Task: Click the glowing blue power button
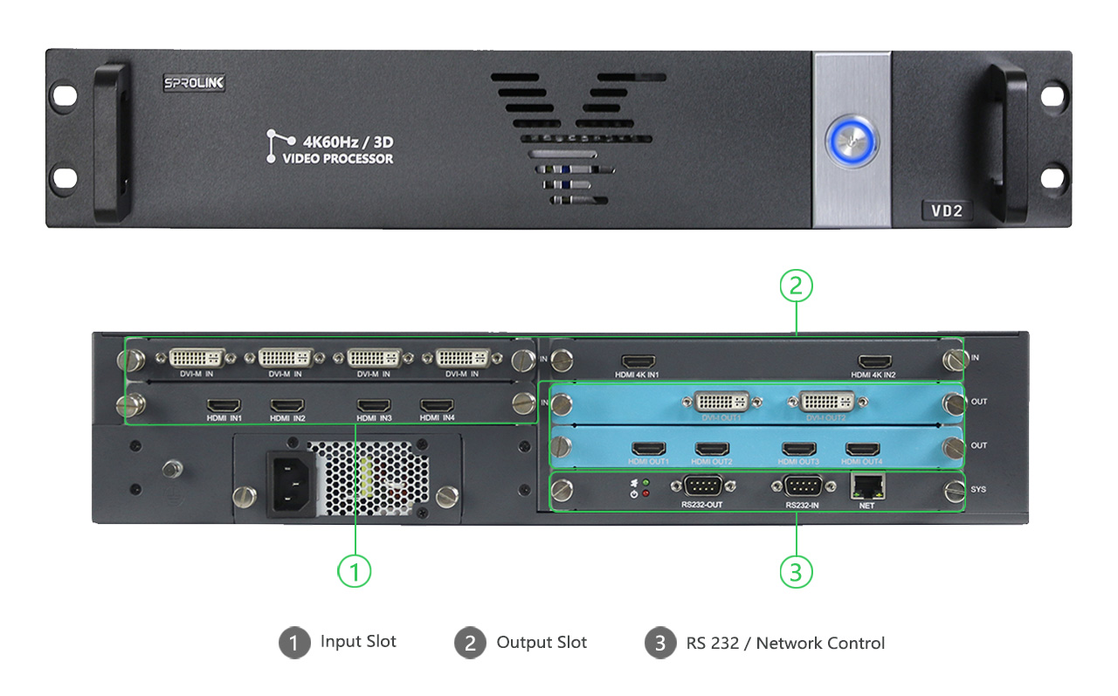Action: tap(852, 140)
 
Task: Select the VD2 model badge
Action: tap(947, 210)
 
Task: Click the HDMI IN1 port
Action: tap(224, 406)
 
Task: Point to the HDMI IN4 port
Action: tap(437, 406)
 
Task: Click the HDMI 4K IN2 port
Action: tap(874, 361)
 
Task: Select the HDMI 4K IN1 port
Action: tap(638, 361)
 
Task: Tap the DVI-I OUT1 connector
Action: tap(722, 402)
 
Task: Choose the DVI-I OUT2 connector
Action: tap(826, 402)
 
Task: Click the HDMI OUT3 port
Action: tap(799, 450)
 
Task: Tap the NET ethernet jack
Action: tap(866, 486)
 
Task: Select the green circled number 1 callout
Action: tap(355, 572)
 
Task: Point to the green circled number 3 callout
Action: tap(796, 572)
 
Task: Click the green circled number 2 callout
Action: tap(796, 286)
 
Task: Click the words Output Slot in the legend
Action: tap(542, 643)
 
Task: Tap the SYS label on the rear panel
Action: tap(978, 490)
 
